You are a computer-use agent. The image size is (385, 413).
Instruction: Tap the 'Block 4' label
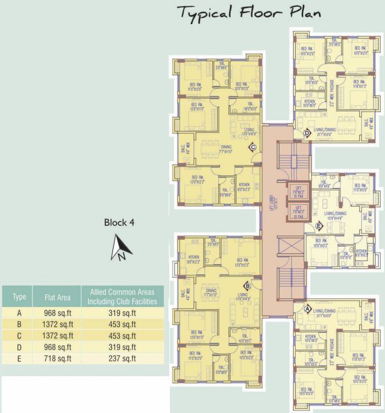coord(119,223)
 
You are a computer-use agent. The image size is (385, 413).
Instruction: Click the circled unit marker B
coord(247,286)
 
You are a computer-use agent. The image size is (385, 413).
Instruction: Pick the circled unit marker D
coord(307,133)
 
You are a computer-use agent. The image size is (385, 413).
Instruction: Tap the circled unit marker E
coord(319,226)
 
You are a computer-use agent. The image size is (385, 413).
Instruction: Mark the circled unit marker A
coord(308,309)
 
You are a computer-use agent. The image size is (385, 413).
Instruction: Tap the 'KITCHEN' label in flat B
coord(194,258)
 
